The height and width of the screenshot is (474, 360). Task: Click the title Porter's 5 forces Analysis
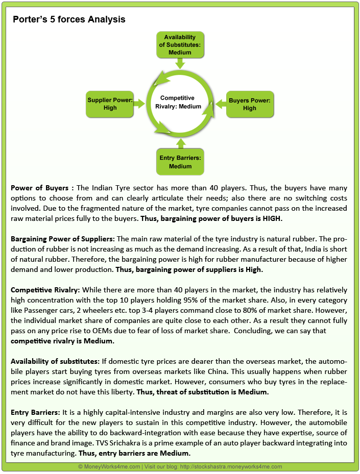(69, 20)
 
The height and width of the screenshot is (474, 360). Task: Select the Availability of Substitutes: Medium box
(180, 44)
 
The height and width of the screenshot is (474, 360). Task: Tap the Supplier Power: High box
(110, 104)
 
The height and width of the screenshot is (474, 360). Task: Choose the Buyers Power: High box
(250, 104)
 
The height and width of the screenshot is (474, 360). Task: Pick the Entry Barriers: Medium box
(180, 162)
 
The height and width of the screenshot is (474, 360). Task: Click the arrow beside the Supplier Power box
(140, 104)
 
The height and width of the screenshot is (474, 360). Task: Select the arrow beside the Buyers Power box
(220, 104)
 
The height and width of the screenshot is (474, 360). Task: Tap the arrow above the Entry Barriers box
(180, 143)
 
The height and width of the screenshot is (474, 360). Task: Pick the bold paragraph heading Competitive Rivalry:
(43, 290)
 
